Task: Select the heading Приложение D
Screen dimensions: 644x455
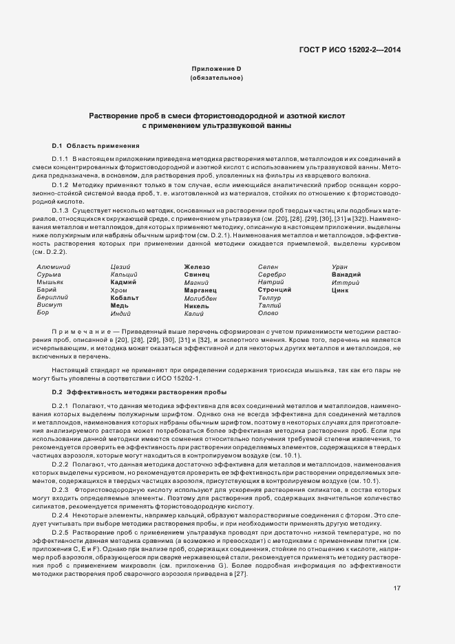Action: coord(216,69)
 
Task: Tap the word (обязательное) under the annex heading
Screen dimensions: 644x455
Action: coord(216,78)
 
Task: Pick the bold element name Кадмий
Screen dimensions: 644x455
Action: coord(123,282)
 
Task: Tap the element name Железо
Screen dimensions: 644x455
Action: coord(197,266)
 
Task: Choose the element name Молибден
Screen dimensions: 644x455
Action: coord(200,297)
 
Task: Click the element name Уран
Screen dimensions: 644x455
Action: coord(340,266)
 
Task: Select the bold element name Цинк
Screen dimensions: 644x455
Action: coord(340,290)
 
